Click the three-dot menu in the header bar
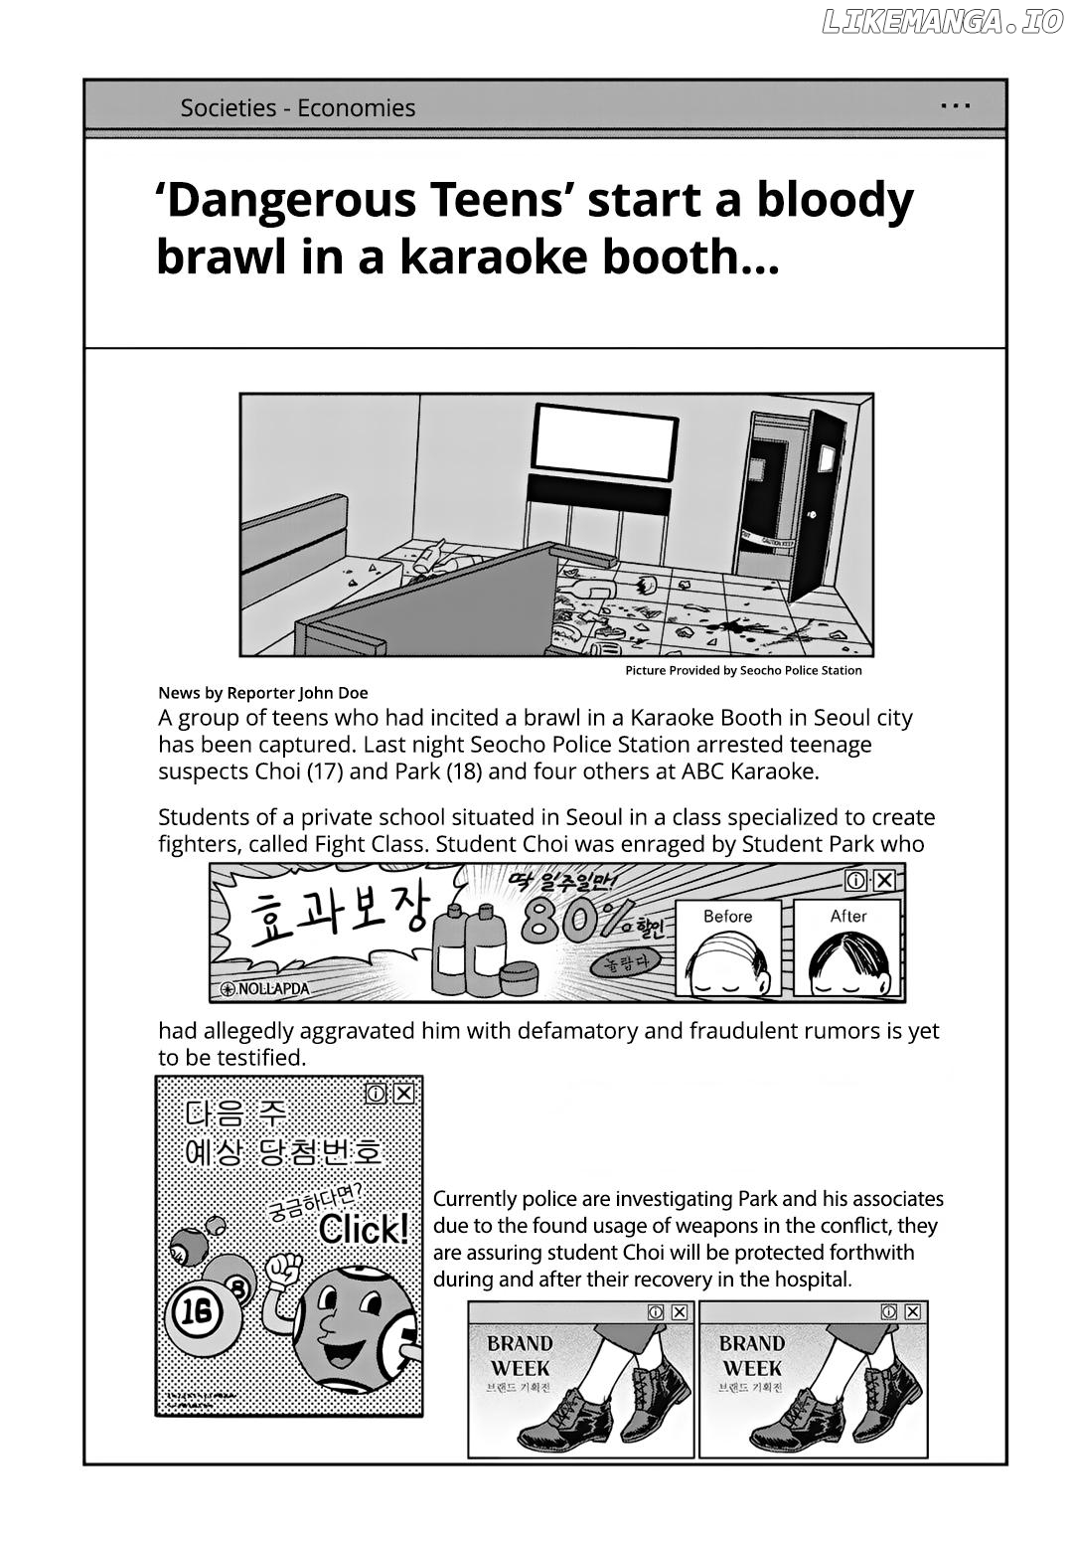[x=955, y=104]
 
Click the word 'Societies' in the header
[x=228, y=108]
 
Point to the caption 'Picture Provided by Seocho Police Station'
[x=743, y=670]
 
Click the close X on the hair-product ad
[x=884, y=879]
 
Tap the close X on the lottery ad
[x=403, y=1094]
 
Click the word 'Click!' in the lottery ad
[x=364, y=1230]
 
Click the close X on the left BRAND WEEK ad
[x=680, y=1312]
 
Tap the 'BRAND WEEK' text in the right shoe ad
[x=750, y=1355]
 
